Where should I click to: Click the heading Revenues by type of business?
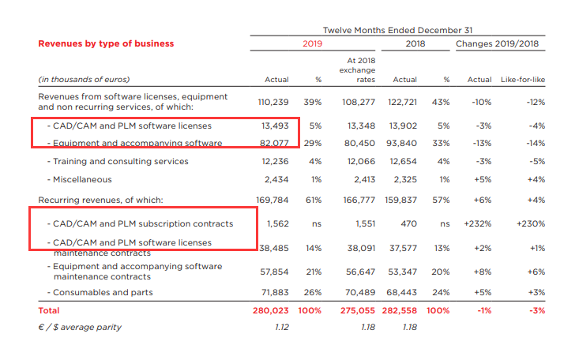(x=106, y=43)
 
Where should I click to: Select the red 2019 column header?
(x=313, y=43)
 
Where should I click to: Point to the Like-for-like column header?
(x=524, y=80)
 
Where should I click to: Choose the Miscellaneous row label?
(x=82, y=179)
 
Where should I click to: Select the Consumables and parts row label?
(x=103, y=292)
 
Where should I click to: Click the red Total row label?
(x=49, y=310)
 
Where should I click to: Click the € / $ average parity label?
(x=81, y=327)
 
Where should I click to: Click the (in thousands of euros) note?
(x=84, y=80)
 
